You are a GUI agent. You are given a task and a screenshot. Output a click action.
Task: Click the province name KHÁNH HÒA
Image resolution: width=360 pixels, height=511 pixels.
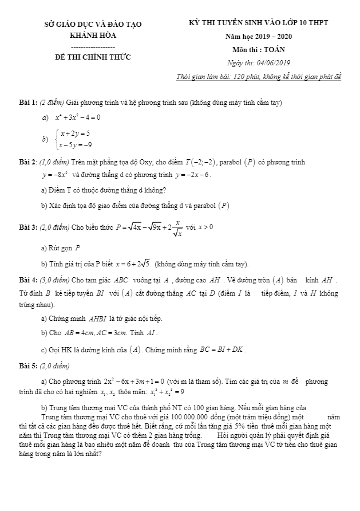(x=92, y=34)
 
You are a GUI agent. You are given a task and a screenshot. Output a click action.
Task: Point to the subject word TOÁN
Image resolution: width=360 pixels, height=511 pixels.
(x=278, y=49)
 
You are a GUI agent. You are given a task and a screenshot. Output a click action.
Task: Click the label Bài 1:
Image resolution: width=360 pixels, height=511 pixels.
(x=27, y=102)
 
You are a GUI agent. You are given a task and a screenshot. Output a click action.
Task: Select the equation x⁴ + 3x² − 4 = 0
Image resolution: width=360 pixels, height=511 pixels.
(x=78, y=117)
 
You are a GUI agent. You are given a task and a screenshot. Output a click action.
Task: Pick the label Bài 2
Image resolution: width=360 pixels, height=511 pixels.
(x=27, y=163)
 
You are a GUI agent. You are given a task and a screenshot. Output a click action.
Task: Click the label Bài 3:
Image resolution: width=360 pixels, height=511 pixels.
(x=27, y=227)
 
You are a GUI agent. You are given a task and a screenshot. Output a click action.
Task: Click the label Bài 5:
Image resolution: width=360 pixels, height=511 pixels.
(x=27, y=364)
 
